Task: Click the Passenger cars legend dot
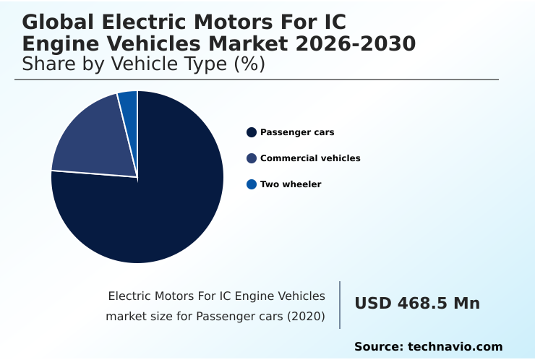[x=252, y=132]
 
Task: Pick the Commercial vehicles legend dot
[x=252, y=158]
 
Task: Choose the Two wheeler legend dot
[x=252, y=184]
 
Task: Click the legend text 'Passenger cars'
[x=297, y=132]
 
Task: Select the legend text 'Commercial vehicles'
[x=310, y=158]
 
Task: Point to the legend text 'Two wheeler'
[x=291, y=184]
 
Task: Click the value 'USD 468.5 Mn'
[x=417, y=304]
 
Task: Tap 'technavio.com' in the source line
[x=455, y=347]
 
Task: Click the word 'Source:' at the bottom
[x=379, y=347]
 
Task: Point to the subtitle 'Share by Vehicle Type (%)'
[x=144, y=64]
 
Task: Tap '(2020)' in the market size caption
[x=305, y=317]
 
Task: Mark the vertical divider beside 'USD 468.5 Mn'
[x=340, y=305]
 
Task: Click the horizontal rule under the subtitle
[x=257, y=80]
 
